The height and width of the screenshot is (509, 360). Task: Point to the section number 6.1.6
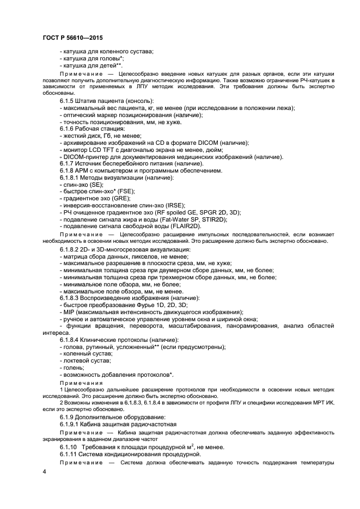coord(69,128)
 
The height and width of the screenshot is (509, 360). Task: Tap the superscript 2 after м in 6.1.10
coord(179,444)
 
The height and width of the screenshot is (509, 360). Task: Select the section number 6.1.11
coord(70,453)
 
